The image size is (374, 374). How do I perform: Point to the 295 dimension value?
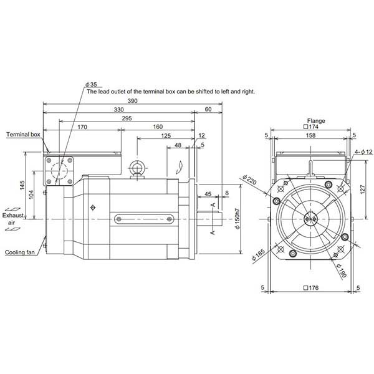pos(127,118)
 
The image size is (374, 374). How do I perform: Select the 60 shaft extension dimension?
pos(208,109)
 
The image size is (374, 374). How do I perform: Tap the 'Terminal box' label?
pos(23,134)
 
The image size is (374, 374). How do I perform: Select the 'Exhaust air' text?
pos(12,218)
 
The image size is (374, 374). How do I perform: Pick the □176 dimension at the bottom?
pos(309,288)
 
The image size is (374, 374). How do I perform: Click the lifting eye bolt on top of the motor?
pos(137,169)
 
